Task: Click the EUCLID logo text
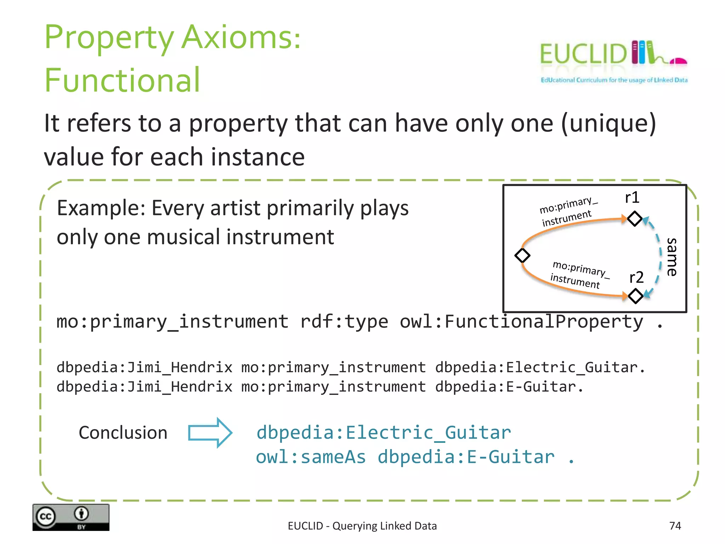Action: tap(583, 54)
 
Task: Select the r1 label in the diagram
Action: tap(632, 198)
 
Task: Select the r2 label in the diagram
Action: tap(636, 277)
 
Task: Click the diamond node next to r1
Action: tap(634, 219)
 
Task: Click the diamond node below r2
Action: tap(635, 296)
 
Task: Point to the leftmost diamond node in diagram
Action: tap(522, 255)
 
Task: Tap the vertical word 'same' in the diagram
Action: tap(672, 257)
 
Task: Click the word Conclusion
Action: tap(123, 433)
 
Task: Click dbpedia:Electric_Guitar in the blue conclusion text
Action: tap(383, 433)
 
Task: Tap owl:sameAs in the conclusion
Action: tap(310, 457)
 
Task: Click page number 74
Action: tap(675, 526)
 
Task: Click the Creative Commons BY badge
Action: tap(71, 517)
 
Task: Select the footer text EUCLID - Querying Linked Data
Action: tap(362, 526)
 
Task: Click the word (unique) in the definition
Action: tap(609, 123)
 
